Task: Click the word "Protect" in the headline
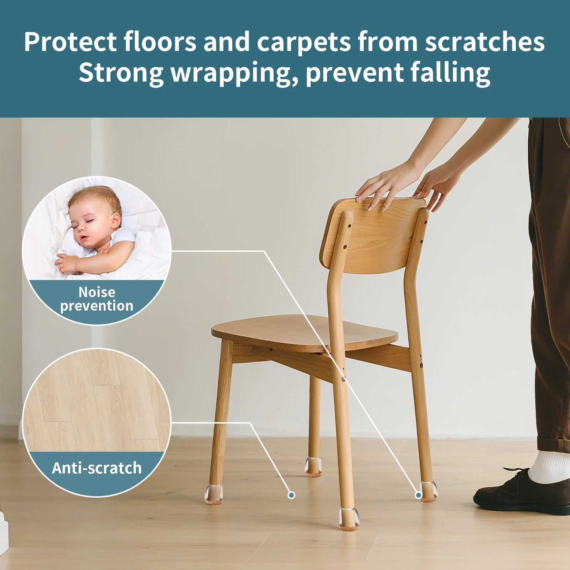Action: tap(70, 42)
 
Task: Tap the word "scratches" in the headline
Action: tap(485, 42)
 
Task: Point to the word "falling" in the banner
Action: tap(450, 72)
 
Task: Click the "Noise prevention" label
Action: tap(97, 299)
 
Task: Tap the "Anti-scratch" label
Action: tap(97, 468)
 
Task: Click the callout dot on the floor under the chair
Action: tap(291, 495)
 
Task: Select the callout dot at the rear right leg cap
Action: tap(419, 495)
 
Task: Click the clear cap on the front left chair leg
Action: tap(214, 494)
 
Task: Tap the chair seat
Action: tap(305, 331)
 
